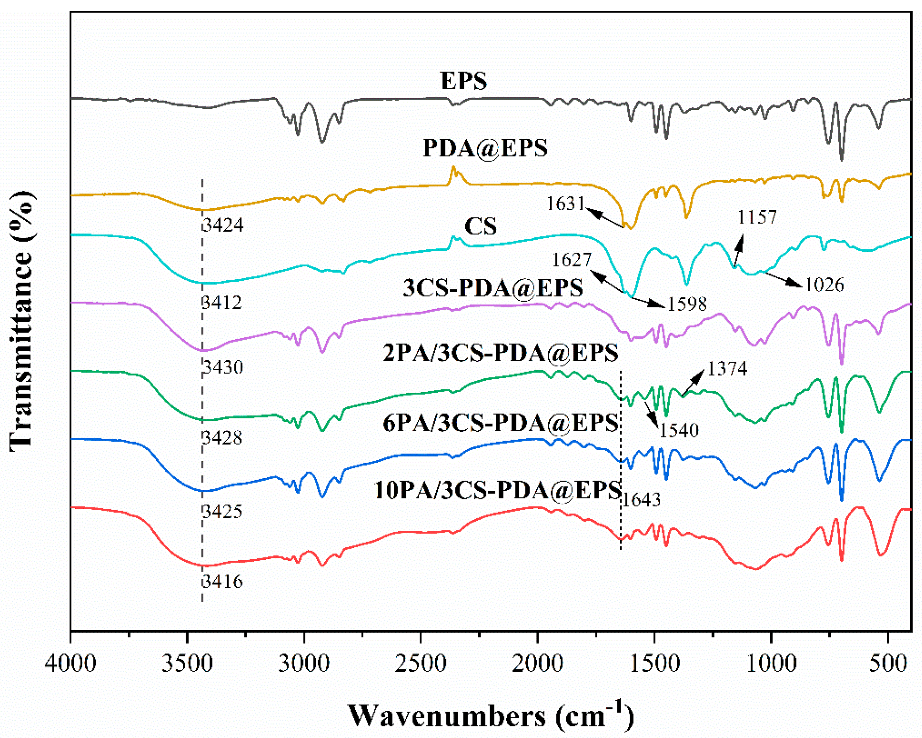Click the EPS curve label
coord(463,80)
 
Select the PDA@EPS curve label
coord(484,148)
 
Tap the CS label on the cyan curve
coord(480,226)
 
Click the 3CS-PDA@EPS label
coord(492,287)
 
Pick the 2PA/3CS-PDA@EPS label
coord(500,352)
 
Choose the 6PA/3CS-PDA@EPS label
coord(500,422)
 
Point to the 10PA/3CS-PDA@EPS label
coord(497,490)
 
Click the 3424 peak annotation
coord(222,225)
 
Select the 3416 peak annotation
coord(222,581)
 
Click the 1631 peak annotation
coord(565,203)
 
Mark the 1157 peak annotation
coord(757,217)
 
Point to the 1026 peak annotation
coord(824,284)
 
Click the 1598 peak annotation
coord(687,304)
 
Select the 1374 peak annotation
coord(727,368)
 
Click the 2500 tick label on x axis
coord(420,664)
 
